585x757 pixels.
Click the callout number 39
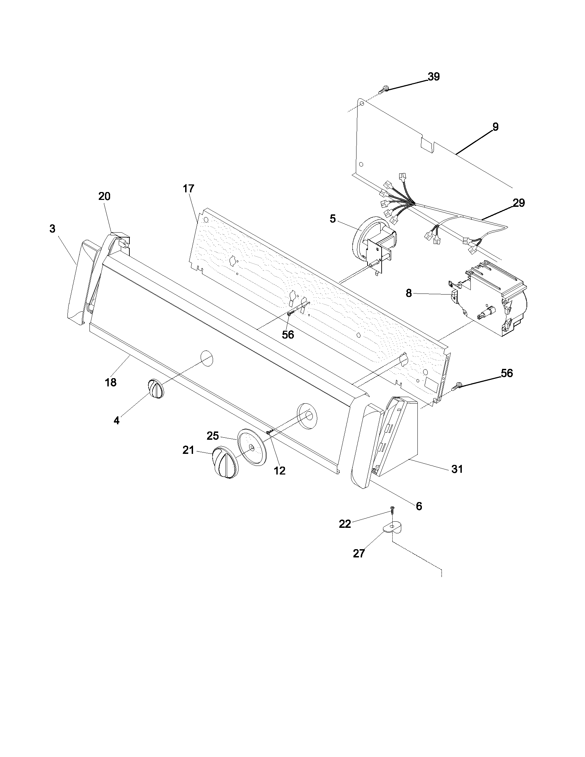pyautogui.click(x=433, y=77)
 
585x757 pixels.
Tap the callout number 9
pyautogui.click(x=496, y=127)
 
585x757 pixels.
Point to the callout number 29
pyautogui.click(x=519, y=203)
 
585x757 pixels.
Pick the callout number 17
pyautogui.click(x=189, y=189)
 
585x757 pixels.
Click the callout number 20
pyautogui.click(x=104, y=196)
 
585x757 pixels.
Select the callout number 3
pyautogui.click(x=52, y=229)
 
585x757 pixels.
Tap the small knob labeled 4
pyautogui.click(x=156, y=389)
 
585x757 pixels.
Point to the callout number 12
pyautogui.click(x=279, y=470)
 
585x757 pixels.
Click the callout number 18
pyautogui.click(x=111, y=383)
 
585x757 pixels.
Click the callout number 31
pyautogui.click(x=457, y=469)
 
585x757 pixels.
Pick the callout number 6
pyautogui.click(x=419, y=507)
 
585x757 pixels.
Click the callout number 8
pyautogui.click(x=409, y=293)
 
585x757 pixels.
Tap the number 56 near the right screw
pyautogui.click(x=507, y=373)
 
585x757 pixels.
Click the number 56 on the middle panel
pyautogui.click(x=288, y=334)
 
